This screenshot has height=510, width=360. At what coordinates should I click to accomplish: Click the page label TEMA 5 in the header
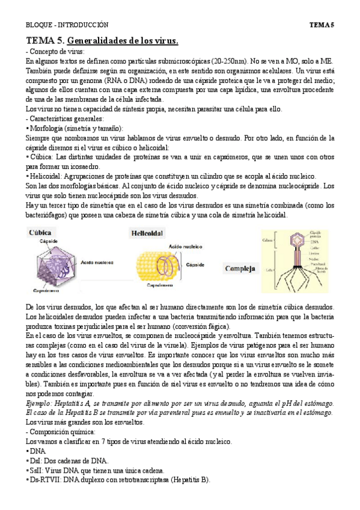coord(321,25)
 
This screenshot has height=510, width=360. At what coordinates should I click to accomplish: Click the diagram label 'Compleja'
coord(240,268)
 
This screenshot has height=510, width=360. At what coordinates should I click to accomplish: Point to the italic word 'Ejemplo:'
coord(41,402)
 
